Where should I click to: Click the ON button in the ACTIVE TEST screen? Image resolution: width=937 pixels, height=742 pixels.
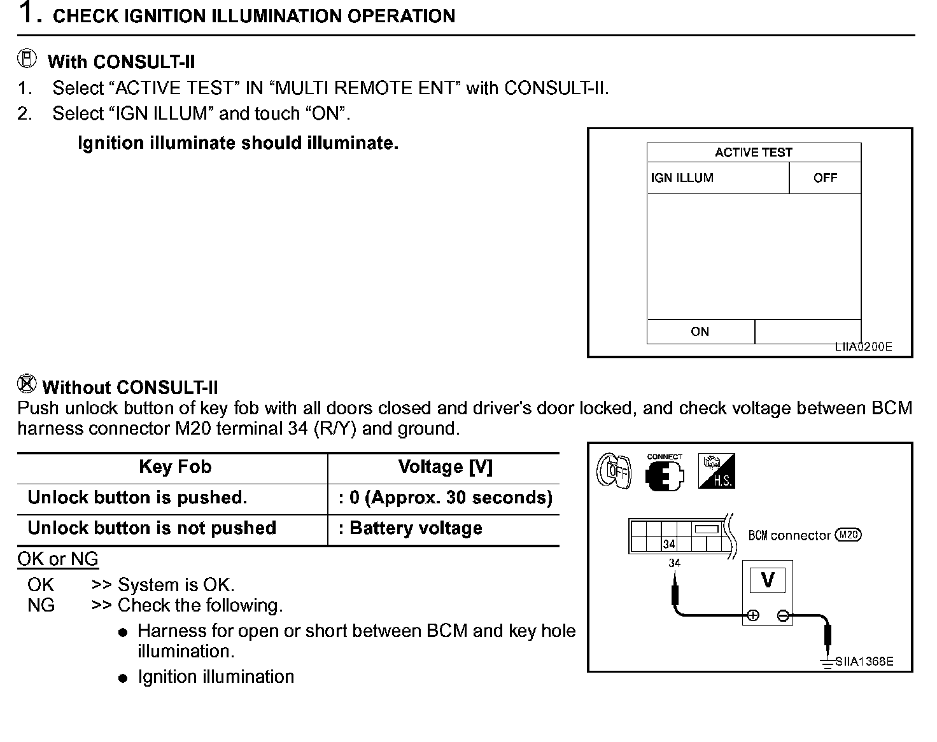click(700, 332)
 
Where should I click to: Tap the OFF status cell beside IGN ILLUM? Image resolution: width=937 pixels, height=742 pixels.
click(825, 178)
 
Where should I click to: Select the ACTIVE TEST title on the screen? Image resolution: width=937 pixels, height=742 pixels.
click(754, 153)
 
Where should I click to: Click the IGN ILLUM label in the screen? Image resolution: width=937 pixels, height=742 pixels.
click(682, 178)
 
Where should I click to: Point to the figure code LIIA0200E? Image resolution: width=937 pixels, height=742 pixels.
click(863, 347)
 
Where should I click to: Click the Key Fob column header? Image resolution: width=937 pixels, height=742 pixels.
click(175, 467)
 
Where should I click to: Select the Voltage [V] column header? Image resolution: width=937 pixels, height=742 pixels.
click(445, 467)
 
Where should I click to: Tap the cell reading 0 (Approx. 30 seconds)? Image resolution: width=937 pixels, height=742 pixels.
click(445, 498)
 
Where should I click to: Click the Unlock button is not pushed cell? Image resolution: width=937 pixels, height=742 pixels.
click(152, 528)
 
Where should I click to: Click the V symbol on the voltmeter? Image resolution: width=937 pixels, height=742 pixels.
click(768, 580)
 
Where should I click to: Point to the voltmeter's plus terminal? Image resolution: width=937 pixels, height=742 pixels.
click(753, 615)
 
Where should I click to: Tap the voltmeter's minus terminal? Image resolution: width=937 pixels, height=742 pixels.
click(783, 615)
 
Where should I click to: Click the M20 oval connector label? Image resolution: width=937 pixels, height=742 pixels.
click(848, 535)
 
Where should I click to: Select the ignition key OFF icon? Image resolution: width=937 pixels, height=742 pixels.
click(614, 472)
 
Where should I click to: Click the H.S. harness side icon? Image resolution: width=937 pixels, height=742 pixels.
click(716, 472)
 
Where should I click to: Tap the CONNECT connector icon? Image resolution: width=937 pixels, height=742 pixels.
click(665, 473)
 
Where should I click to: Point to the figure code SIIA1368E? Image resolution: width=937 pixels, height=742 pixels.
click(864, 661)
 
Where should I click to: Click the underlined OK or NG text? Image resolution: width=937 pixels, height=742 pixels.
click(58, 559)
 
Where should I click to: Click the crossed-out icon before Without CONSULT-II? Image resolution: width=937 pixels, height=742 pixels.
click(27, 383)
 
